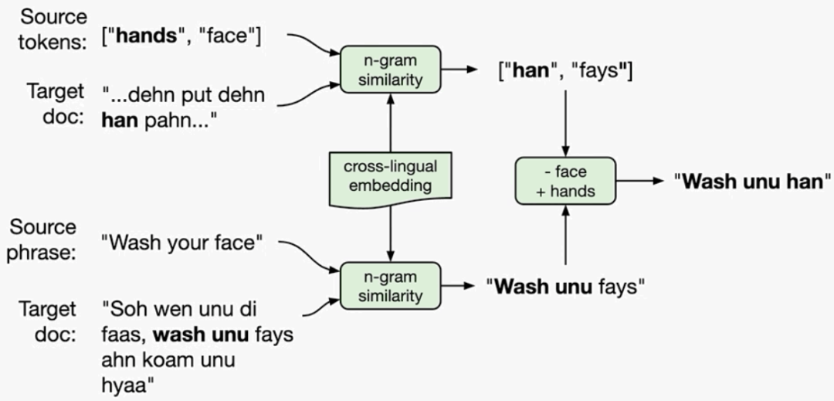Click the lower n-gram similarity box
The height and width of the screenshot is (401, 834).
tap(390, 286)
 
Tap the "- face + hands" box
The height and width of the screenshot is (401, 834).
tap(565, 181)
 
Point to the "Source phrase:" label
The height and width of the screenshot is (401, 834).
tap(44, 240)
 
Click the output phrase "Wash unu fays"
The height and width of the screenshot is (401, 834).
tap(566, 287)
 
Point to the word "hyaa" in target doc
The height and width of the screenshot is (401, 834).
tap(124, 383)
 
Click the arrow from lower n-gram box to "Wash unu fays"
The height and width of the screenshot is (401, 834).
tap(461, 286)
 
